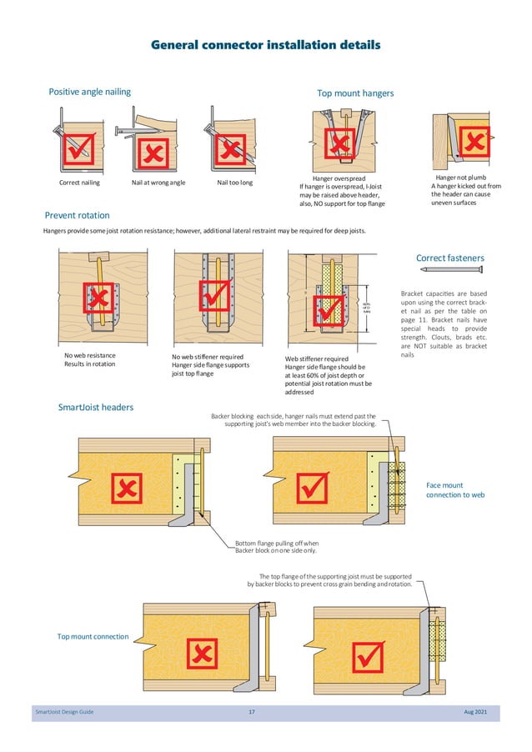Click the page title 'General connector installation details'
pos(265,44)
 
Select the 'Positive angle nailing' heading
pos(89,92)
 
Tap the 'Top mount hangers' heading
pos(355,93)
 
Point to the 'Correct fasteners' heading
pos(449,258)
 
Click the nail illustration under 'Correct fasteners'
pos(451,270)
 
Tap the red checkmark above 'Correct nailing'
pos(81,150)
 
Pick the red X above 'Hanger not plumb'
pos(476,142)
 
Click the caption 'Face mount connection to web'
pos(455,490)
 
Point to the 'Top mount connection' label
pos(93,636)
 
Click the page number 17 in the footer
pos(252,711)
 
